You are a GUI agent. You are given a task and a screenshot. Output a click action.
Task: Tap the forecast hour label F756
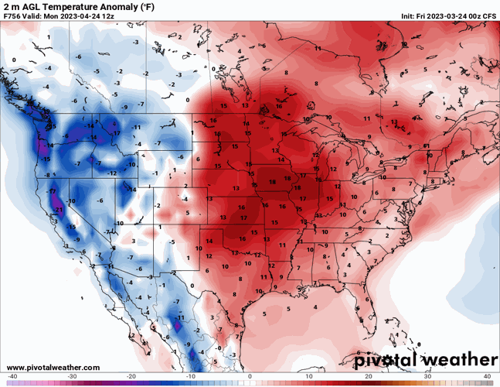coord(13,16)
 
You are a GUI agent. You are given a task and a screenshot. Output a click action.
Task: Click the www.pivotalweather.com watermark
coord(49,366)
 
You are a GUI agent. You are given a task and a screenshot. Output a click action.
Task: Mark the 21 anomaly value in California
coord(59,210)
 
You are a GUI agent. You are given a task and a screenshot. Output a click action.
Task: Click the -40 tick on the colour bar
coord(12,377)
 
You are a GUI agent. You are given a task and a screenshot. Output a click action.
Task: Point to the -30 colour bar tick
coord(72,377)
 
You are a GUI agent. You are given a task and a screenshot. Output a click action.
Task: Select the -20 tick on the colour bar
coord(131,377)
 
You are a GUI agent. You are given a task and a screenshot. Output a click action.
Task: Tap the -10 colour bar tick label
coord(191,377)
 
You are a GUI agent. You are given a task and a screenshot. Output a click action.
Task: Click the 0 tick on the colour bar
coord(250,377)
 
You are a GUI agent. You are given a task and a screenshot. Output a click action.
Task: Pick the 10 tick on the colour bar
coord(309,377)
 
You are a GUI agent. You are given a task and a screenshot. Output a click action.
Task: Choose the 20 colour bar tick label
coord(369,377)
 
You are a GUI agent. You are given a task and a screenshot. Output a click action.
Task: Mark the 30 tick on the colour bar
coord(427,377)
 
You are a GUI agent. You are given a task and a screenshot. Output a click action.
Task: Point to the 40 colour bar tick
coord(487,377)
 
